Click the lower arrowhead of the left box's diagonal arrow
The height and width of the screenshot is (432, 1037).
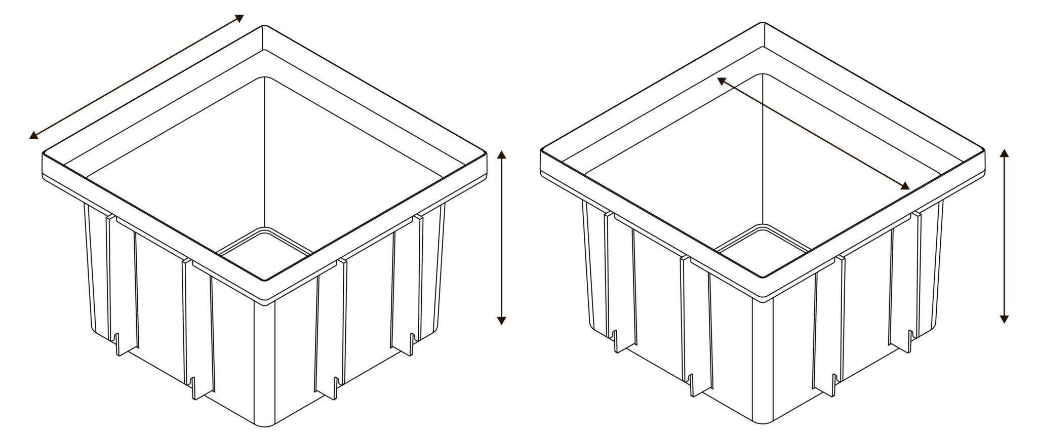tap(32, 135)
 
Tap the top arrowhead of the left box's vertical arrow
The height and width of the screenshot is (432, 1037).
tap(501, 154)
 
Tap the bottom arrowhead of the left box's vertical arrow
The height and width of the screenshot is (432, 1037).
tap(501, 320)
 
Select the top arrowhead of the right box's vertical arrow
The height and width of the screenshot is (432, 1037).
tap(1005, 153)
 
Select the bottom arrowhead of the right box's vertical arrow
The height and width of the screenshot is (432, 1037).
tap(1005, 319)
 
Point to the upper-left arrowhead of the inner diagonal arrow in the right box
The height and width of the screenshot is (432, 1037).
tap(721, 80)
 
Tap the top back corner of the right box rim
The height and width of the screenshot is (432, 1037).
tap(763, 23)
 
